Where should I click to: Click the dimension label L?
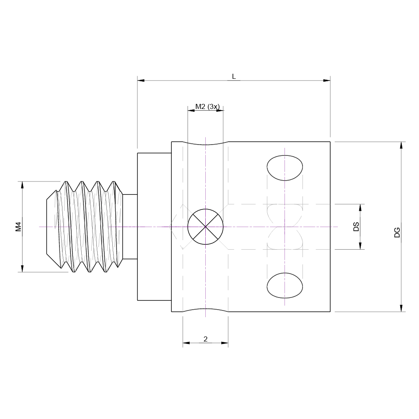(234, 76)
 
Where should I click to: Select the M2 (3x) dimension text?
(207, 107)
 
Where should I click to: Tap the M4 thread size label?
(18, 227)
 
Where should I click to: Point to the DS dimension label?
(356, 227)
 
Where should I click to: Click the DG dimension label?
(397, 233)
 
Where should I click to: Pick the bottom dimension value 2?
(205, 339)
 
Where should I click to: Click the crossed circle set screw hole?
(205, 226)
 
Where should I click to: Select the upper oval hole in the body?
(285, 168)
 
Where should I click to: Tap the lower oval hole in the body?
(285, 285)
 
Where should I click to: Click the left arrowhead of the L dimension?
(141, 80)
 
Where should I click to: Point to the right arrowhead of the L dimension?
(327, 80)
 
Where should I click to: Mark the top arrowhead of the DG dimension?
(401, 145)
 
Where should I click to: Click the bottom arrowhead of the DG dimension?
(401, 308)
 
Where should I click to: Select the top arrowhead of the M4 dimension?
(22, 185)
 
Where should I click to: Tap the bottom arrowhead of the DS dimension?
(360, 246)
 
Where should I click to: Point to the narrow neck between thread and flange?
(130, 227)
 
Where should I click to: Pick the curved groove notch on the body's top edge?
(205, 144)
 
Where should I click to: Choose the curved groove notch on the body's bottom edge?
(205, 310)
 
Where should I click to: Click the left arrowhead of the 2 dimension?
(186, 343)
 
